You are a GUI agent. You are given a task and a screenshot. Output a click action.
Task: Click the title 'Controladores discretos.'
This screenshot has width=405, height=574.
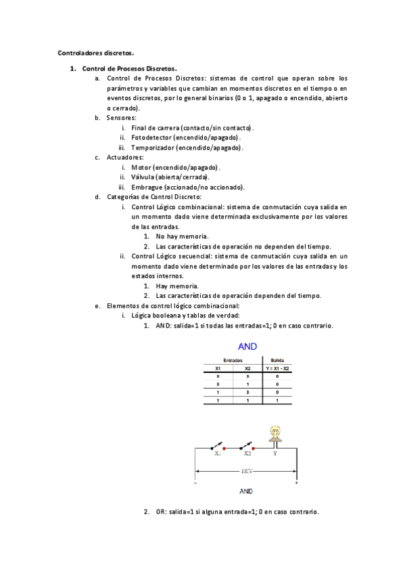pyautogui.click(x=95, y=51)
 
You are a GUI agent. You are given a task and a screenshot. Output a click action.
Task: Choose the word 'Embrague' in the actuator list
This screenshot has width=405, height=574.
pyautogui.click(x=147, y=187)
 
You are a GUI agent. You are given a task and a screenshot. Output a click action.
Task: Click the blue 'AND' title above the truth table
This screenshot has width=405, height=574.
pyautogui.click(x=247, y=347)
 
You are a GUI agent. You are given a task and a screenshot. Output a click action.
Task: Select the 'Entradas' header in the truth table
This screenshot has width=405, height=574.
pyautogui.click(x=233, y=360)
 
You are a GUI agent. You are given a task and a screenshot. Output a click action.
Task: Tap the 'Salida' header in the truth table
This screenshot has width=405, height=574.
pyautogui.click(x=277, y=360)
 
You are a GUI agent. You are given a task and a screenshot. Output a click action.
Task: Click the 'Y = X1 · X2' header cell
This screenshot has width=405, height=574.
pyautogui.click(x=277, y=368)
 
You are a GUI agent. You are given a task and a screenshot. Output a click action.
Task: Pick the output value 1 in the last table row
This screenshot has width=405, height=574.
pyautogui.click(x=277, y=401)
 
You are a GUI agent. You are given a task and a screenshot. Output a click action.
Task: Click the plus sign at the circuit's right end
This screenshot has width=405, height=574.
pyautogui.click(x=296, y=483)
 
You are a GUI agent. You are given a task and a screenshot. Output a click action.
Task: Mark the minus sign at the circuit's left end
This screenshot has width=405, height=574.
pyautogui.click(x=196, y=483)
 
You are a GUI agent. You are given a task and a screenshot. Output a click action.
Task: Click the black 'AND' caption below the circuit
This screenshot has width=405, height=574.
pyautogui.click(x=247, y=491)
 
